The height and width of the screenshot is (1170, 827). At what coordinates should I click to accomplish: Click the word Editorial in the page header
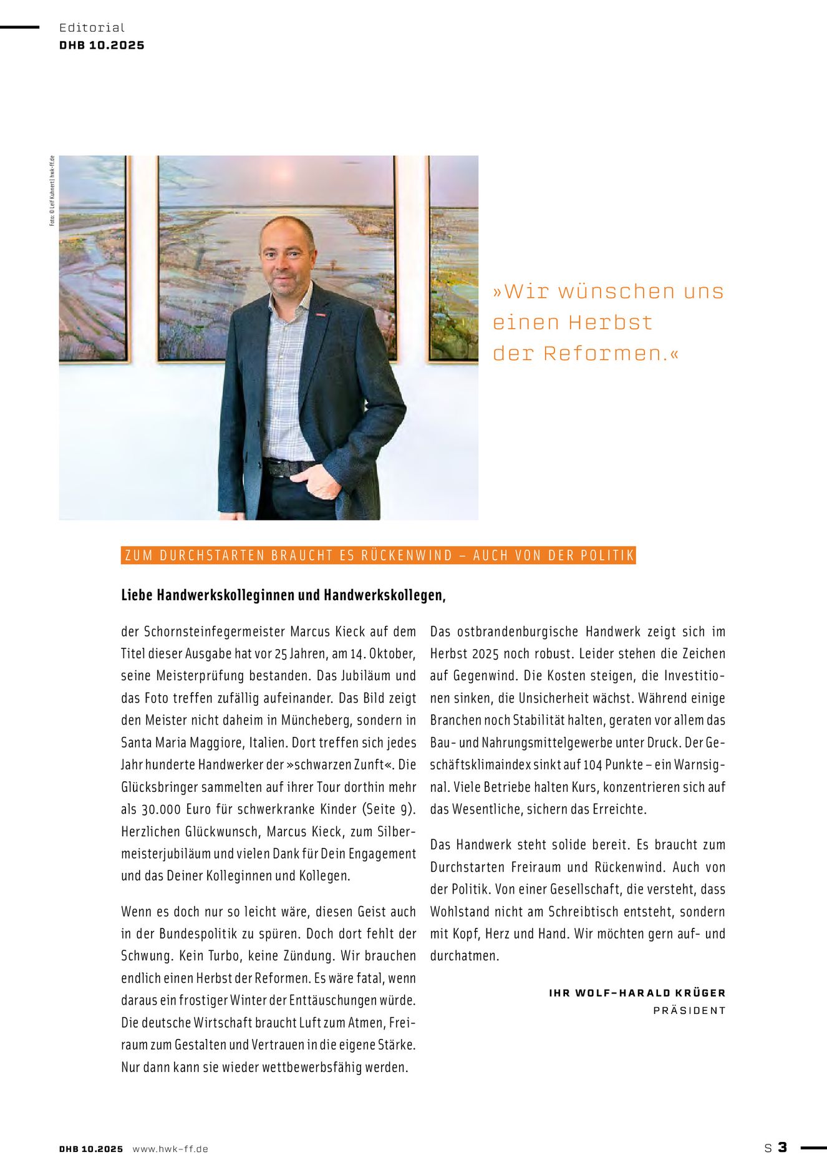[x=92, y=27]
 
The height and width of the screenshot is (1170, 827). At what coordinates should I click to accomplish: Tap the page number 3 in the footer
[x=782, y=1147]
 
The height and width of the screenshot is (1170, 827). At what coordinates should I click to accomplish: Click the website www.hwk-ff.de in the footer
[x=170, y=1149]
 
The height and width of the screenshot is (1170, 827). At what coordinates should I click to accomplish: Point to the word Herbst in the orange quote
[x=610, y=323]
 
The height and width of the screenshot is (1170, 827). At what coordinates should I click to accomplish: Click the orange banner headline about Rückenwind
[x=379, y=555]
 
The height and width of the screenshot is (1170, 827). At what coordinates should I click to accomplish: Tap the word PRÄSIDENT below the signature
[x=689, y=1010]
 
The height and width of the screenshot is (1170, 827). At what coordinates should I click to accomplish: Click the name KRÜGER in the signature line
[x=702, y=993]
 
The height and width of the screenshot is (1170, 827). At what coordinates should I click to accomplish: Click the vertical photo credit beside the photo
[x=52, y=190]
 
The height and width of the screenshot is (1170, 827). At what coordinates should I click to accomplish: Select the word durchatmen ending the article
[x=464, y=956]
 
